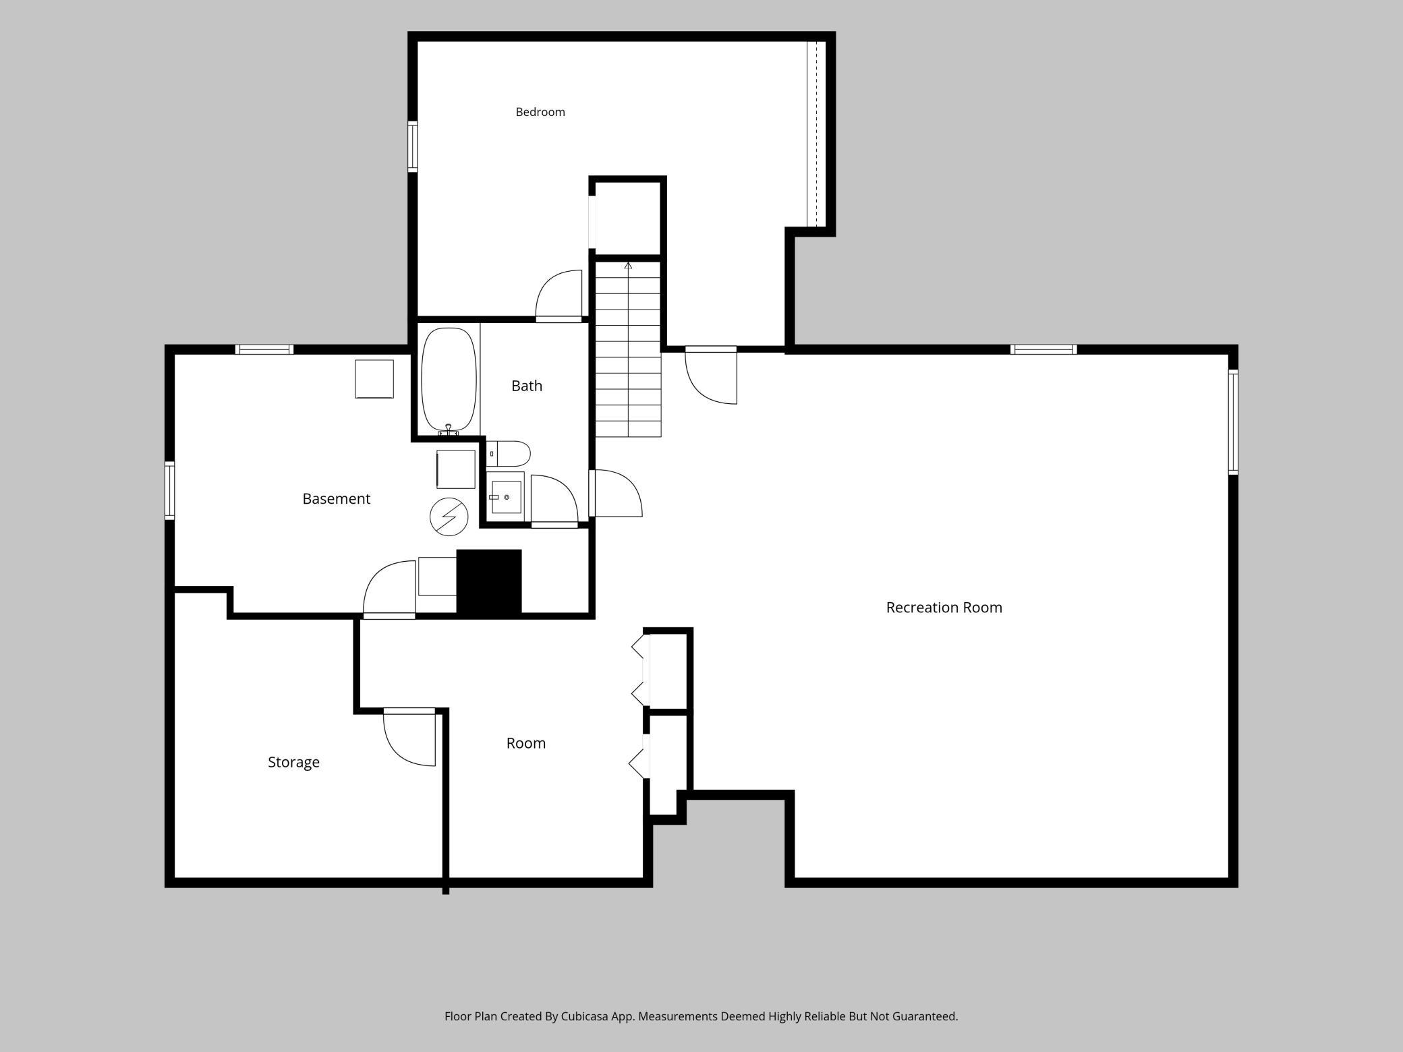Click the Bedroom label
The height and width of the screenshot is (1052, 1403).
point(540,112)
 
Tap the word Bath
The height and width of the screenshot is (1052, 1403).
point(527,386)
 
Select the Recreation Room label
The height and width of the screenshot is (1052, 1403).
point(944,608)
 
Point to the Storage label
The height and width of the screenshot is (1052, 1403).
point(293,762)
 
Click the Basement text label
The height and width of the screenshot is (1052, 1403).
point(336,499)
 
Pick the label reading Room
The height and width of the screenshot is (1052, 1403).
point(526,743)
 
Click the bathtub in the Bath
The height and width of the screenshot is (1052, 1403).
point(449,380)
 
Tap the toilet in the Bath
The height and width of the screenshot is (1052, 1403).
point(509,454)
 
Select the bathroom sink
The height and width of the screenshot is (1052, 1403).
point(506,497)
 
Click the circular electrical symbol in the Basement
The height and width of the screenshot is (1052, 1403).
point(449,517)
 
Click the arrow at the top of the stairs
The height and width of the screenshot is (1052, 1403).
point(629,266)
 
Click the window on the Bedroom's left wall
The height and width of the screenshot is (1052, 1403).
point(412,146)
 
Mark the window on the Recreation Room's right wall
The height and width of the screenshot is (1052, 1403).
point(1233,421)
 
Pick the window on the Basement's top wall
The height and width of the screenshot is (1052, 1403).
point(264,349)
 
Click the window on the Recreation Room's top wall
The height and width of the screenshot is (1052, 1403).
point(1043,349)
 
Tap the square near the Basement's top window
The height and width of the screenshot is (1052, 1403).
point(374,379)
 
